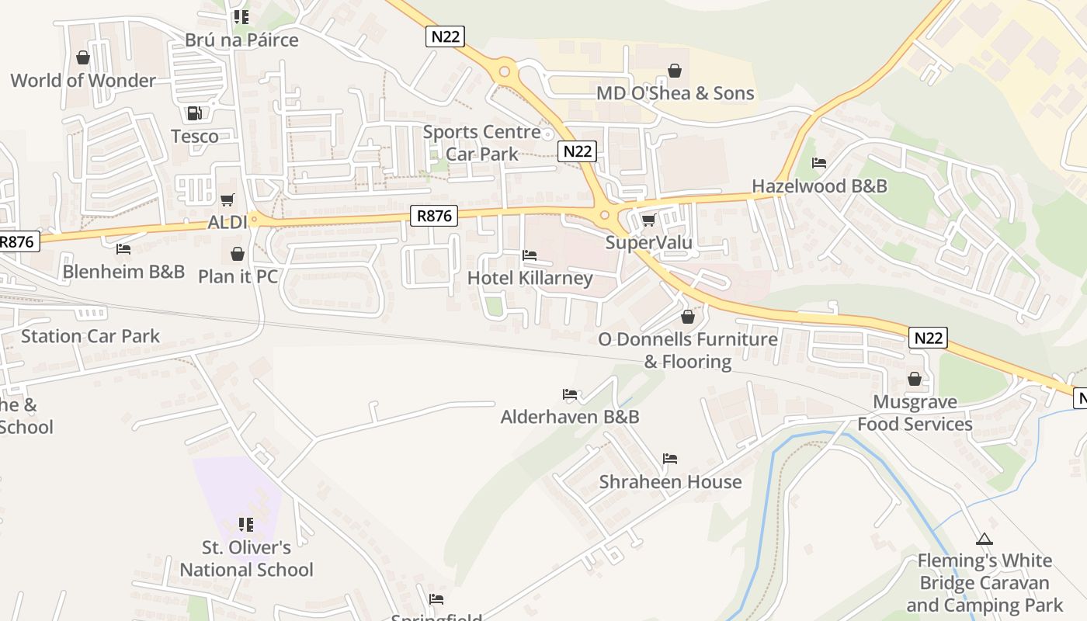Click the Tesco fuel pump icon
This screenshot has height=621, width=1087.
194,113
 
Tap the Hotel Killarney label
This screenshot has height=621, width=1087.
530,278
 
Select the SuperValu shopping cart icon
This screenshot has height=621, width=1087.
648,220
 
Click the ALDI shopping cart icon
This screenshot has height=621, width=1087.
227,200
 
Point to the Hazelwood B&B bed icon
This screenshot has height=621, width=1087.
819,163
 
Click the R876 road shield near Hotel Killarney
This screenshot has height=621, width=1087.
434,216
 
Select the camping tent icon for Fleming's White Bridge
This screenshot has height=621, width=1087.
984,539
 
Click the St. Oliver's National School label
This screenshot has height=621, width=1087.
246,559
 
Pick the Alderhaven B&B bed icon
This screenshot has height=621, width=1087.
570,394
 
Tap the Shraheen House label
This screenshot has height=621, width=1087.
670,482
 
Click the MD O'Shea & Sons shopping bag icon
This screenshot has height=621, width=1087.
675,71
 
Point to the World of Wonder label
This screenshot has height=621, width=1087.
83,81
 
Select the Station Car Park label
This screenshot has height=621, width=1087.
90,336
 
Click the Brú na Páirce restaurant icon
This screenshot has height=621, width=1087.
241,16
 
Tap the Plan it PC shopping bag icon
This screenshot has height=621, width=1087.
238,254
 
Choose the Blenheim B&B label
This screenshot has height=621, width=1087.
123,272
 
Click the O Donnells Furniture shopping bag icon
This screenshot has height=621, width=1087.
687,317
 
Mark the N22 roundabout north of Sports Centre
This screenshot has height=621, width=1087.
505,72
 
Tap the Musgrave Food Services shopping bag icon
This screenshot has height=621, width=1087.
915,380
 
